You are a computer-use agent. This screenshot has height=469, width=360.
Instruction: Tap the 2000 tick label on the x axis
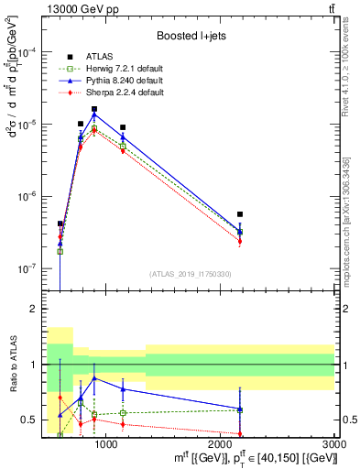click(x=221, y=444)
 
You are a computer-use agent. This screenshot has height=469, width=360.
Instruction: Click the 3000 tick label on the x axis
click(x=334, y=444)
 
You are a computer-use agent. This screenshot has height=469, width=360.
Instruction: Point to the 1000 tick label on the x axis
click(x=106, y=444)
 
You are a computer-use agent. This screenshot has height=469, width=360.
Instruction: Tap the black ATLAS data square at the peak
click(x=93, y=109)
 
